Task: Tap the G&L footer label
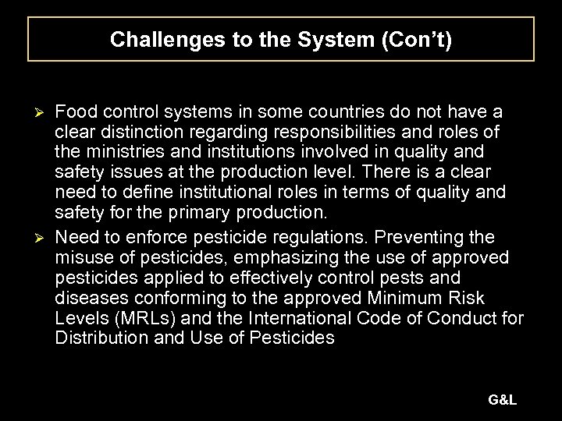point(503,399)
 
